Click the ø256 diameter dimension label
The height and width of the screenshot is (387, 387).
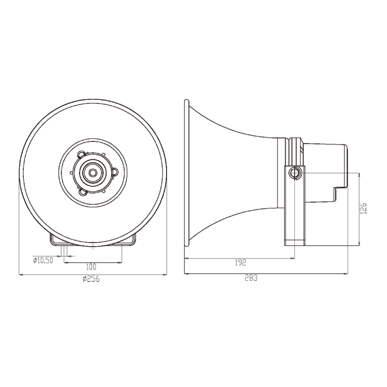[x=91, y=279]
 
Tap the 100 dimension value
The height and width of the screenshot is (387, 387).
[x=91, y=267]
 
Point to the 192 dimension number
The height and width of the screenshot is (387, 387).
[x=240, y=263]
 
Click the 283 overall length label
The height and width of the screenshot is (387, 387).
[x=251, y=278]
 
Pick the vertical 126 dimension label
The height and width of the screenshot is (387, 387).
[x=363, y=209]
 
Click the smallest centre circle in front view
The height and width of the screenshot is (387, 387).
[x=93, y=173]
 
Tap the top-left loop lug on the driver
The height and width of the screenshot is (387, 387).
[x=81, y=154]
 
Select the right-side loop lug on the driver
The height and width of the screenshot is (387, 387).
[x=115, y=171]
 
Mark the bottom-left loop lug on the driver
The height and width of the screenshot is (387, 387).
[x=81, y=191]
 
